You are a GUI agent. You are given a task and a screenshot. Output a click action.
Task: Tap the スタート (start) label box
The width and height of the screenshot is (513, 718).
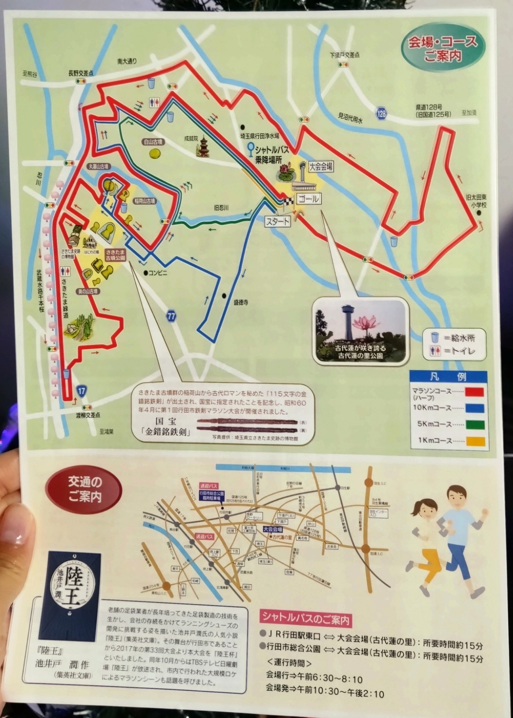click(278, 222)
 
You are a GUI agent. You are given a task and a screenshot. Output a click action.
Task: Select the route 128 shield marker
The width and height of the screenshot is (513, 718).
click(382, 113)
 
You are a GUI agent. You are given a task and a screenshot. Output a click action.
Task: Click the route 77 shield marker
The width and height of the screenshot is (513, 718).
click(171, 316)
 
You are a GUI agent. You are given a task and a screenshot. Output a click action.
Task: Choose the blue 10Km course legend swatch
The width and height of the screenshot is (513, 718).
click(474, 408)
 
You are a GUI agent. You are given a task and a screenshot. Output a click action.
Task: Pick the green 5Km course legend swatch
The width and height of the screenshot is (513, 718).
click(474, 425)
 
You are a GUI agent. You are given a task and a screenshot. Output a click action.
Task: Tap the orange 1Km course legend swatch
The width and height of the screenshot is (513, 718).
click(474, 441)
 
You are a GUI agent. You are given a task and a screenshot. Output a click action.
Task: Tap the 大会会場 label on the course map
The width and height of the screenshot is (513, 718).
click(320, 167)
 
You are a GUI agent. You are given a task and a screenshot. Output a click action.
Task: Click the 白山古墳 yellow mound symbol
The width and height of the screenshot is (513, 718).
click(155, 153)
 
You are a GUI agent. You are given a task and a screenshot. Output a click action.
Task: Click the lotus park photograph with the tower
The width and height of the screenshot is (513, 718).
click(360, 330)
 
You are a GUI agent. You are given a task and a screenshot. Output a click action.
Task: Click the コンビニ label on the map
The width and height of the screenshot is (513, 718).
click(158, 273)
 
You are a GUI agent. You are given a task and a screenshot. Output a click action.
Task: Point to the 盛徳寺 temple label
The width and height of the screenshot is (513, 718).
click(241, 302)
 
